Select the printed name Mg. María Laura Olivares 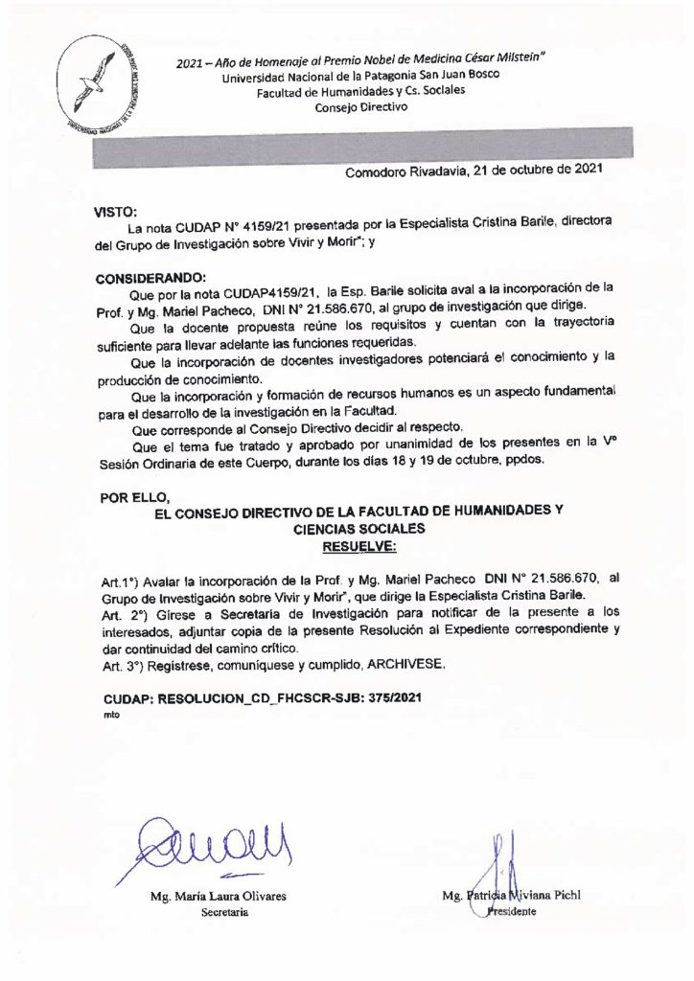point(205,897)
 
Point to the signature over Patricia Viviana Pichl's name point(499,867)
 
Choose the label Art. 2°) point(126,614)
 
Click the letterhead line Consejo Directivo point(360,107)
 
